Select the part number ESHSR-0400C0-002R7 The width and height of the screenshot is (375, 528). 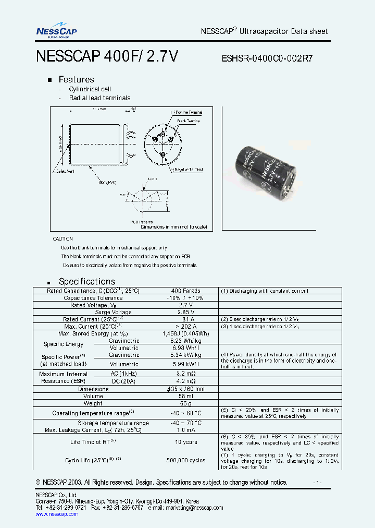(x=268, y=58)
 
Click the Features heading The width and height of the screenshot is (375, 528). (x=76, y=79)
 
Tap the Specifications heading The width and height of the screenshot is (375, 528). (x=86, y=281)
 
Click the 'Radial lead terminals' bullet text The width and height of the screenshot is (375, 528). (x=99, y=98)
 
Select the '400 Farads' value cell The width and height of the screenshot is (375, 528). (x=185, y=291)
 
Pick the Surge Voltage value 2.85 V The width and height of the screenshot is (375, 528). (x=185, y=312)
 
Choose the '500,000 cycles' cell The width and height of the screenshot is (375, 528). (x=186, y=460)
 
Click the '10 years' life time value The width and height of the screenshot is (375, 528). (x=186, y=442)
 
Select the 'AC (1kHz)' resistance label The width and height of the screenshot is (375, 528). (x=124, y=374)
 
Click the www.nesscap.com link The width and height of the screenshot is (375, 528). (x=56, y=514)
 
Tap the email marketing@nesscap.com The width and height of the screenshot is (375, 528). (x=194, y=508)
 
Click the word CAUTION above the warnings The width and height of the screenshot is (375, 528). (x=63, y=238)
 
